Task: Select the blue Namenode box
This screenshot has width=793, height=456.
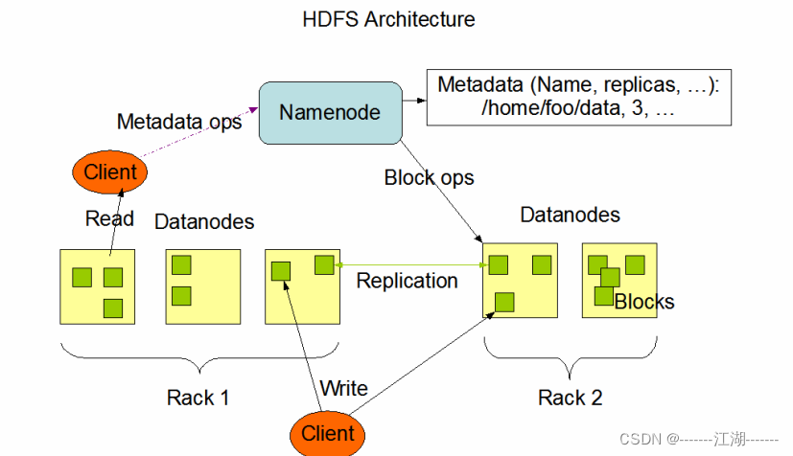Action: click(x=329, y=112)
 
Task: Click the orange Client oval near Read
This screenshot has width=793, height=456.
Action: click(x=110, y=173)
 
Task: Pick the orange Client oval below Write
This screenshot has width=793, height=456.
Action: click(x=328, y=433)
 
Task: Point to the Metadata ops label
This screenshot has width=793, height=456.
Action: click(x=179, y=122)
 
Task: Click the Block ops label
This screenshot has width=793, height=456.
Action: click(x=429, y=177)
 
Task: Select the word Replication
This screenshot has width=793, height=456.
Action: click(x=407, y=281)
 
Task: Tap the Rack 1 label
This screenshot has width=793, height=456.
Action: click(x=198, y=397)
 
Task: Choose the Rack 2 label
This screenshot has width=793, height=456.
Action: click(x=570, y=397)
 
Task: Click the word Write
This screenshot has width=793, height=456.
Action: click(x=343, y=388)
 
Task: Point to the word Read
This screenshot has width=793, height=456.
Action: click(x=109, y=218)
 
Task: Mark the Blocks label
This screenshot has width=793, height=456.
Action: click(x=644, y=303)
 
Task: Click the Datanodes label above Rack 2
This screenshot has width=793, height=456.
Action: click(x=570, y=215)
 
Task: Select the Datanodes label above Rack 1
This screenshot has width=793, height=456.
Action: click(x=204, y=222)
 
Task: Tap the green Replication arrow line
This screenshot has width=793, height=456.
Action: click(x=412, y=263)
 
